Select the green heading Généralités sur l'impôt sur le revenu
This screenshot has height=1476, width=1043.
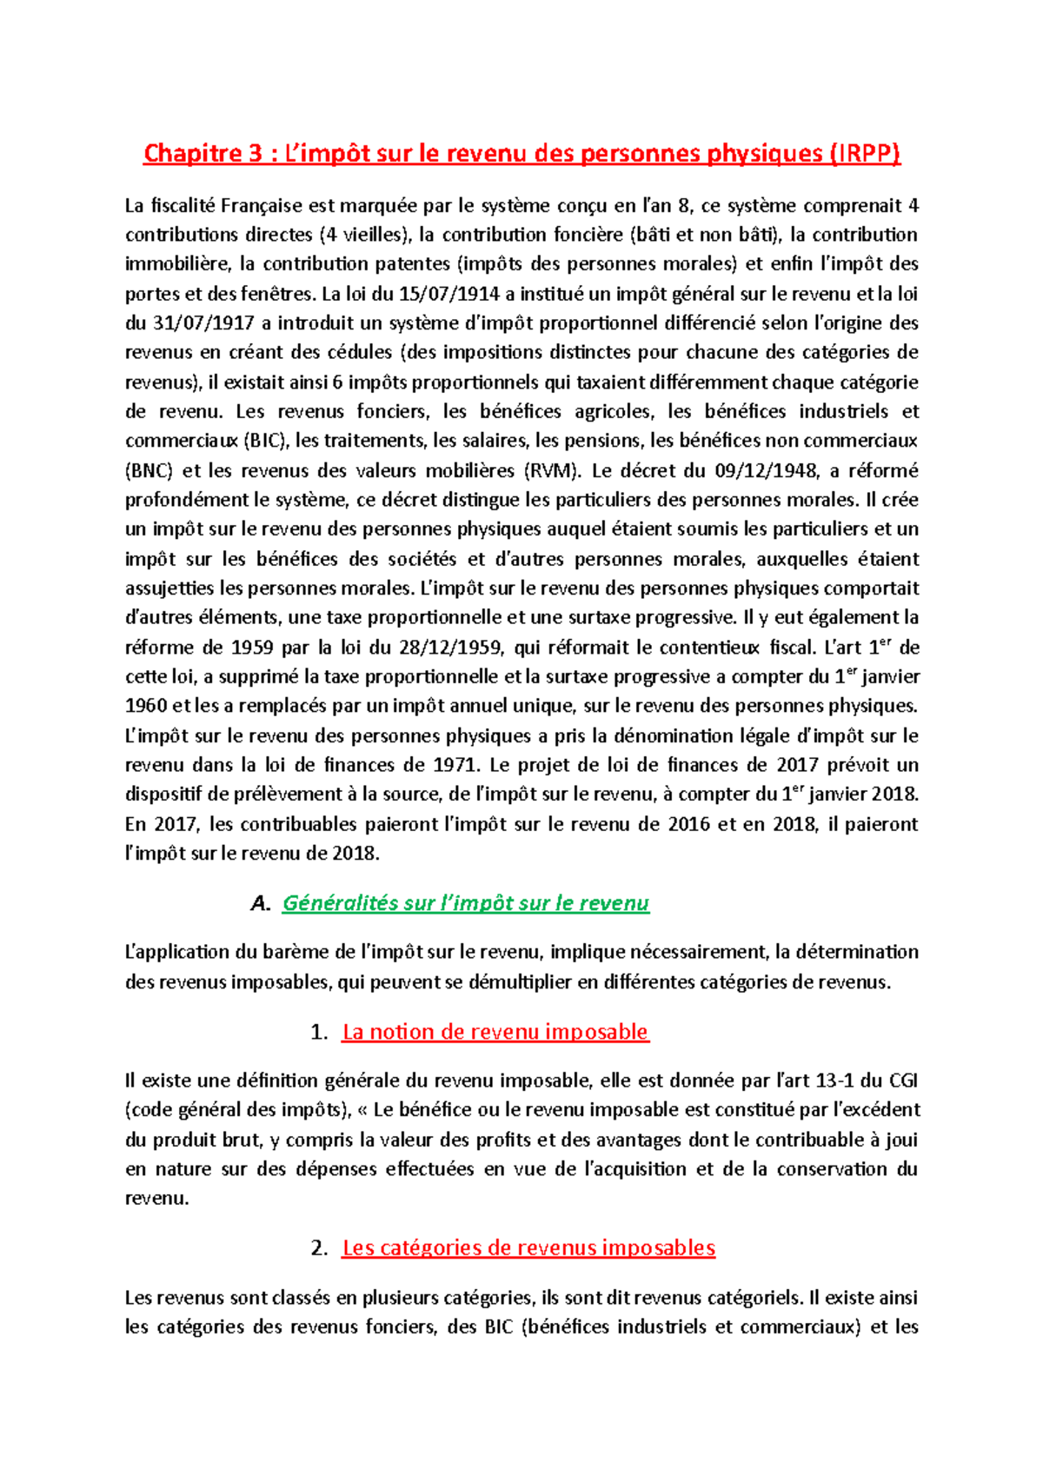tap(466, 903)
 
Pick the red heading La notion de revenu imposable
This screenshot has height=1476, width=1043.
tap(495, 1032)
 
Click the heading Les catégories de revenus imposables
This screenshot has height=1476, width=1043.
tap(528, 1247)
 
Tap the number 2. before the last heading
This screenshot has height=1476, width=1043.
tap(318, 1248)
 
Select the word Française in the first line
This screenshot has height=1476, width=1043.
tap(261, 206)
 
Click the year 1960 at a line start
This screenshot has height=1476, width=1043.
tap(147, 706)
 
